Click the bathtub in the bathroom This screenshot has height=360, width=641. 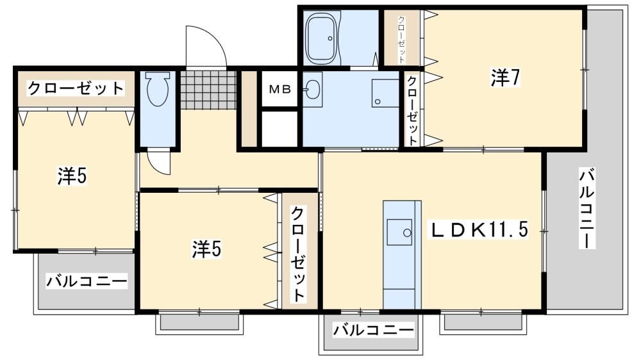point(323,38)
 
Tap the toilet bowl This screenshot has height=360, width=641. point(158,89)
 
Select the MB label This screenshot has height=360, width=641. point(279,89)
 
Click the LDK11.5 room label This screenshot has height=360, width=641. point(478,230)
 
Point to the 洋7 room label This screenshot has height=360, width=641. point(506,78)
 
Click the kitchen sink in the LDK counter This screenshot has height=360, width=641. point(400,232)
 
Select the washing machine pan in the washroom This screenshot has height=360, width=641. point(385,93)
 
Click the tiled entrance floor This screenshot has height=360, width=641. point(208,90)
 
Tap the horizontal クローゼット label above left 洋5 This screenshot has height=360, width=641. point(76,88)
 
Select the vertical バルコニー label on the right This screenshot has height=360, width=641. point(587,208)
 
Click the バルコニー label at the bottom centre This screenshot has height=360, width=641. point(373,329)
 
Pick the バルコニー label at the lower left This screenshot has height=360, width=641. point(87,281)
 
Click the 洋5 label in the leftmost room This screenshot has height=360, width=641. point(72,176)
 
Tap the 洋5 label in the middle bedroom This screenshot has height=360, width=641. point(207,249)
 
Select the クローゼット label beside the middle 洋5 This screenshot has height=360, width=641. point(298,254)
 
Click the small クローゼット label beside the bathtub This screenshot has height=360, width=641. point(402,40)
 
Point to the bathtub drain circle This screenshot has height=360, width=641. point(330,39)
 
